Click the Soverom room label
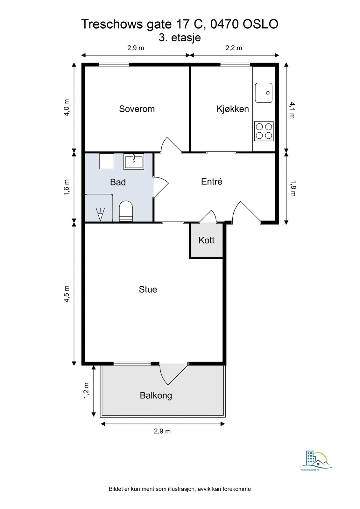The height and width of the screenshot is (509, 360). point(137,109)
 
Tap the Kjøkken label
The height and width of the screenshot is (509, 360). point(233,109)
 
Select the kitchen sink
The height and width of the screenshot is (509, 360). point(264,93)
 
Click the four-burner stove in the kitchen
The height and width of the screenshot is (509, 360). point(264,131)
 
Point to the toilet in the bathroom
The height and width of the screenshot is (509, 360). point(126,211)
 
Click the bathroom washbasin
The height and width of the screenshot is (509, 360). point(134,162)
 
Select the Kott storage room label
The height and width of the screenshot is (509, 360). point(206,240)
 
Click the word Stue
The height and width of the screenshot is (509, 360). point(148,289)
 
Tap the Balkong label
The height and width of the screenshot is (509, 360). point(156,396)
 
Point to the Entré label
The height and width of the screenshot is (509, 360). point(211,181)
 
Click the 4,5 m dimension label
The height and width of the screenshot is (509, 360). point(67,294)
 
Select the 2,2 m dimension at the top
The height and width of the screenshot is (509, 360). point(234,48)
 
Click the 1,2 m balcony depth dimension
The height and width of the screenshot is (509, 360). point(86,390)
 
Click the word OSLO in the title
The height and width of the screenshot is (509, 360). point(261,24)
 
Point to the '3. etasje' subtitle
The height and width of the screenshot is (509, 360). point(180,38)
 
